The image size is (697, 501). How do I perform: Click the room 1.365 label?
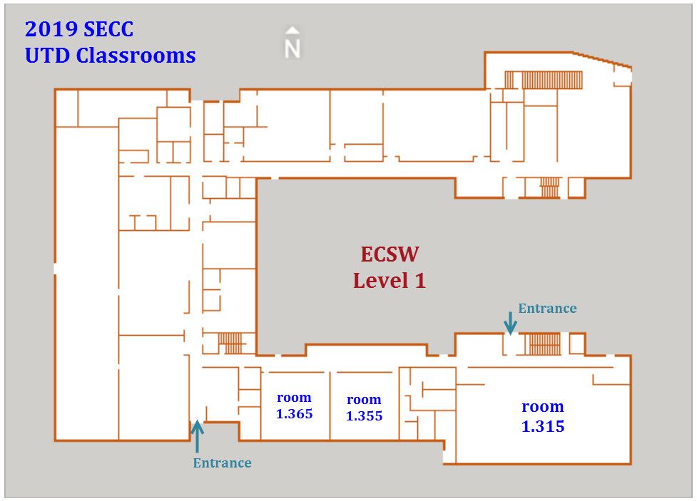[294, 406]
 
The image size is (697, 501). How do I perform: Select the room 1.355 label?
[364, 408]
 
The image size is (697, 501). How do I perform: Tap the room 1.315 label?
[543, 416]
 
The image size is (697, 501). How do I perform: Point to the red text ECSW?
[389, 254]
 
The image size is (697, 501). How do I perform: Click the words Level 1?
[390, 280]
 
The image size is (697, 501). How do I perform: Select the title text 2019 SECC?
[79, 29]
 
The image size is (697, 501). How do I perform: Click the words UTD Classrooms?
[110, 55]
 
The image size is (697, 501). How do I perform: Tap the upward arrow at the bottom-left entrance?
[197, 435]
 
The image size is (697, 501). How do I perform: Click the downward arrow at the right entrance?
[510, 324]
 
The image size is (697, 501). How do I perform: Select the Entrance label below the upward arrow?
[222, 463]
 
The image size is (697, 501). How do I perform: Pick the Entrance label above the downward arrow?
[547, 309]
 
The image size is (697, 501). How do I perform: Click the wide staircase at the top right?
[544, 79]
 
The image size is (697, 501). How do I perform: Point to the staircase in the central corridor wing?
[230, 343]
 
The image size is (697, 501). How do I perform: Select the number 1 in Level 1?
[419, 280]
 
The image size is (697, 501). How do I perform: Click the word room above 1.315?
[543, 406]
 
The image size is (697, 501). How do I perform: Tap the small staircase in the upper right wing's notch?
[549, 188]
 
